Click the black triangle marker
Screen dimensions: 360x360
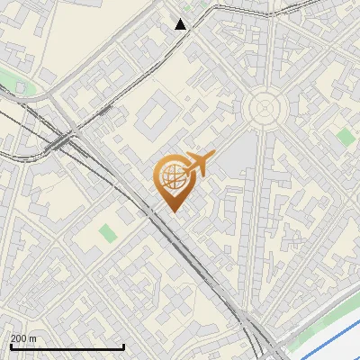[181, 24]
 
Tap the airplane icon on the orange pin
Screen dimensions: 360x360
[197, 164]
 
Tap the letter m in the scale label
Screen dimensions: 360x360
[32, 338]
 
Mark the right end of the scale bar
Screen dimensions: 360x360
[123, 347]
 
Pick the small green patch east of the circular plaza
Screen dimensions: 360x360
[346, 137]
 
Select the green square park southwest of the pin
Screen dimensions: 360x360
[108, 233]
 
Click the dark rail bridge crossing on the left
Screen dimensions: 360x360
[61, 141]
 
